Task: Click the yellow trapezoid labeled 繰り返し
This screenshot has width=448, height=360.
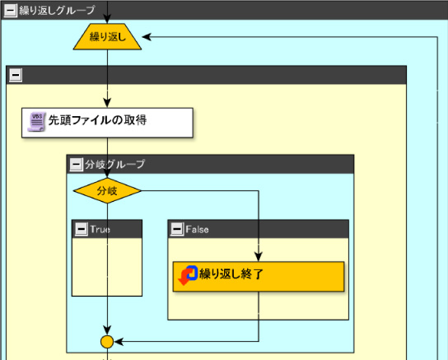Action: tap(107, 36)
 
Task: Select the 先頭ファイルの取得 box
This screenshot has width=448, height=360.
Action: tap(107, 123)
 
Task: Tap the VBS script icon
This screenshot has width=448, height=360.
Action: tap(36, 122)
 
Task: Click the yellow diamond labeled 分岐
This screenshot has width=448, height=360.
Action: tap(107, 190)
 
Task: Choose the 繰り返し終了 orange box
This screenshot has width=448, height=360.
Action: tap(259, 276)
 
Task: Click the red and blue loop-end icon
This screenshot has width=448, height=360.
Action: tap(188, 275)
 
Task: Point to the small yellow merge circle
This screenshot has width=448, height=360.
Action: tap(107, 341)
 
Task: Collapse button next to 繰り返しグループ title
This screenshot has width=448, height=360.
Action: tap(10, 11)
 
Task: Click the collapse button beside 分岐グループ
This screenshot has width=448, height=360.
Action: tap(77, 164)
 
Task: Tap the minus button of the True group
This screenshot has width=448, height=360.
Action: tap(82, 229)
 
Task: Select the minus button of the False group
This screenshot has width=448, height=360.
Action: tap(177, 229)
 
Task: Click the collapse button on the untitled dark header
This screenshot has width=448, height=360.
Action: tap(16, 75)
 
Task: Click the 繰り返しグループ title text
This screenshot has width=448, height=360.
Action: tap(57, 10)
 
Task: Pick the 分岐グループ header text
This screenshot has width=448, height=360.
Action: tap(114, 164)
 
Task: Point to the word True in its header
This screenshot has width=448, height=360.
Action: tap(100, 229)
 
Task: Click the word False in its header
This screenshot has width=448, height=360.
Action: tap(197, 229)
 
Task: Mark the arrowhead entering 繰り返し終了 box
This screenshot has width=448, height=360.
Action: tap(259, 257)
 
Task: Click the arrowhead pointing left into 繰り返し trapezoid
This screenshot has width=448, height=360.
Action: tap(147, 37)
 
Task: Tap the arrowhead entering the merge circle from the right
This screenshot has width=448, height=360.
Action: tap(119, 341)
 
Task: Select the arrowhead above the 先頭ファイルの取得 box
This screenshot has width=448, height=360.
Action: tap(107, 103)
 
